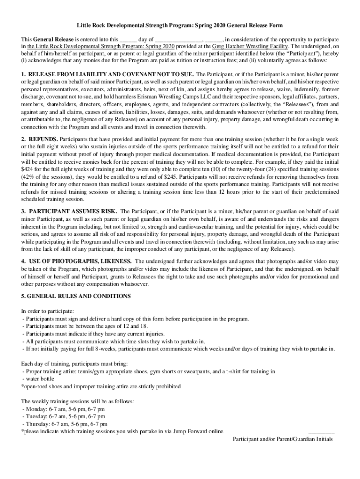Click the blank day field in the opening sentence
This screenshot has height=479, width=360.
[x=128, y=40]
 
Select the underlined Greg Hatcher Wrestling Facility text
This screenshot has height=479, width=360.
[x=250, y=47]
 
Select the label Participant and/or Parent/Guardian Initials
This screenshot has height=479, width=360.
[x=283, y=439]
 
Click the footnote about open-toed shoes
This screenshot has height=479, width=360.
[x=101, y=386]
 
